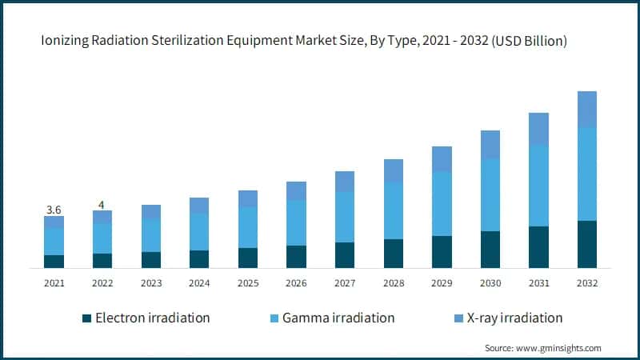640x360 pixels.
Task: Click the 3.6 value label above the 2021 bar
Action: tap(54, 210)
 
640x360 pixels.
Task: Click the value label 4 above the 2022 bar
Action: tap(102, 205)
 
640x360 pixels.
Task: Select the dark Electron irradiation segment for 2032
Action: tap(587, 244)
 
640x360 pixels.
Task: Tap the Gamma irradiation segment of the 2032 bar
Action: tap(587, 174)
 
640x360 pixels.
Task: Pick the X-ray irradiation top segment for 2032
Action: tap(587, 109)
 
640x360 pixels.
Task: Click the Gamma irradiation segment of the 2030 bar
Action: tap(490, 194)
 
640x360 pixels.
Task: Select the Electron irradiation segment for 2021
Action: tap(54, 261)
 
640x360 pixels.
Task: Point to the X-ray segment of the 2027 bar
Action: tap(345, 182)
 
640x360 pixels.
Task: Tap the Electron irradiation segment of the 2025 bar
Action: tap(248, 258)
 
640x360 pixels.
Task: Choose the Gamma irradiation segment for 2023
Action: tap(151, 235)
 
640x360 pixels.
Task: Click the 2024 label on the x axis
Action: tap(199, 283)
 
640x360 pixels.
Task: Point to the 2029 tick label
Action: tap(442, 283)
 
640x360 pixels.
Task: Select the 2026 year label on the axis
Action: tap(296, 283)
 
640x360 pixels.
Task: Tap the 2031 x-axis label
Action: tap(538, 283)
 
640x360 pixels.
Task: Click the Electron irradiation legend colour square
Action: tap(86, 318)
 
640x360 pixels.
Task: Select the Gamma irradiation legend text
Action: tap(346, 318)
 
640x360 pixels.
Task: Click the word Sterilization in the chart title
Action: tap(179, 42)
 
